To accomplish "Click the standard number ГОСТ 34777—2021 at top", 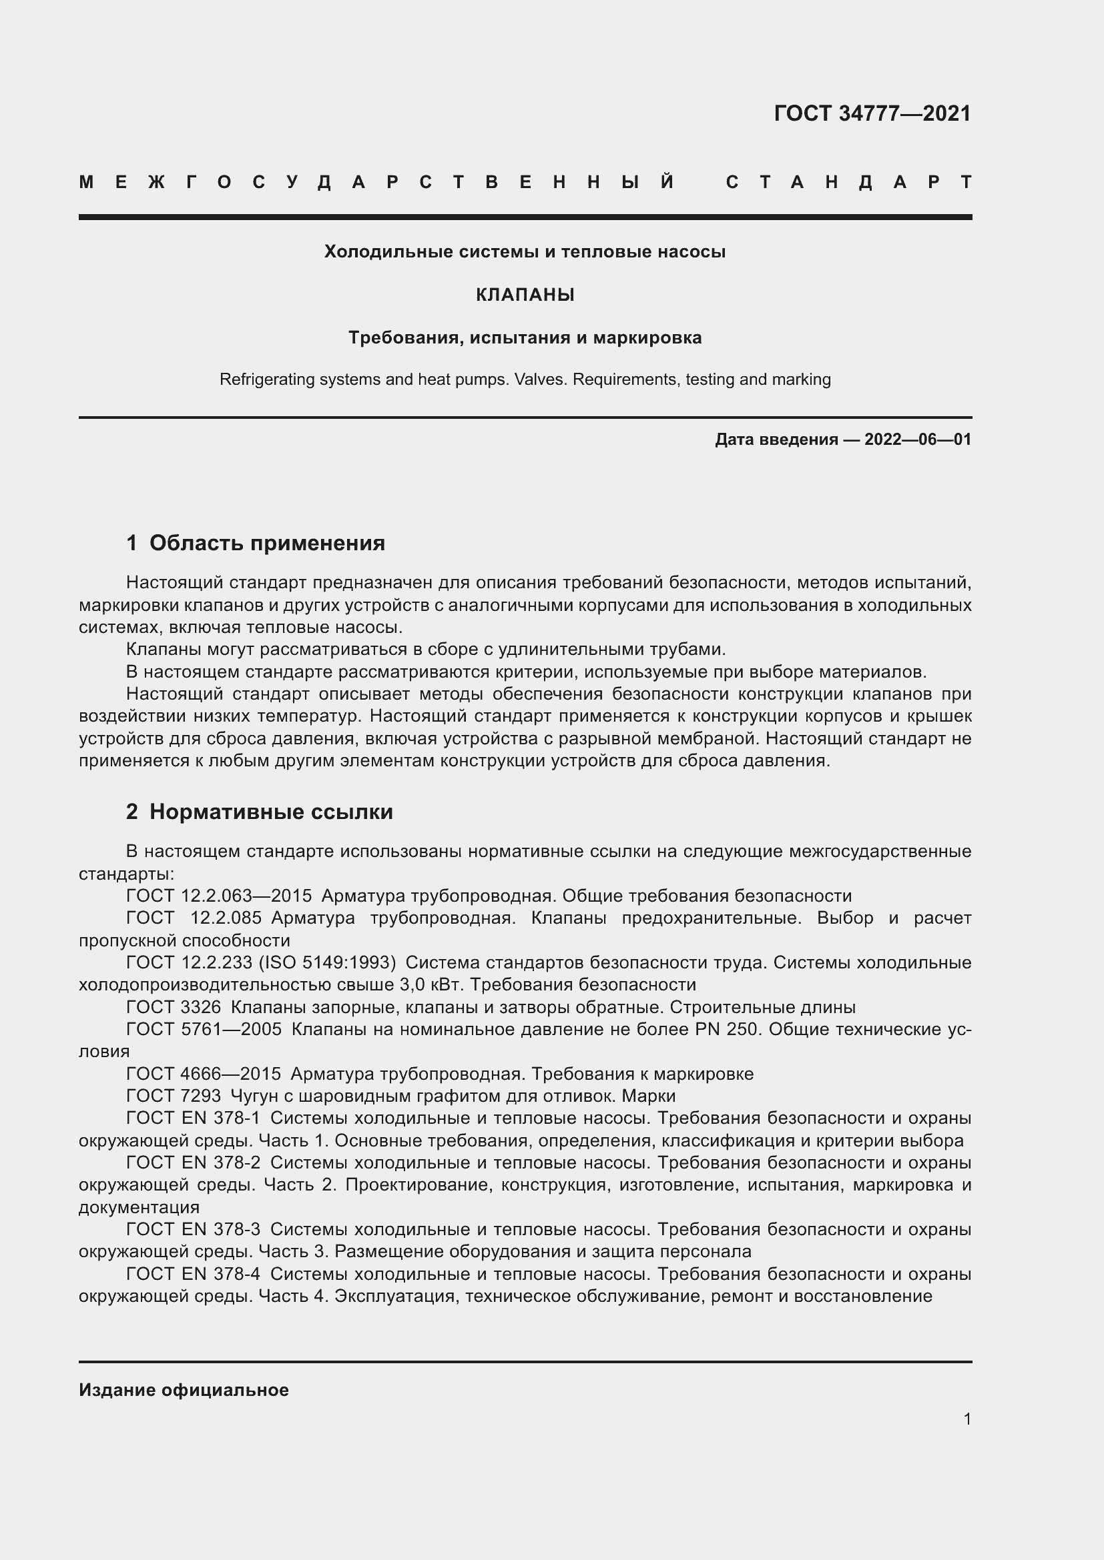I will tap(872, 113).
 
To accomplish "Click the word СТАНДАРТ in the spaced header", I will tap(848, 182).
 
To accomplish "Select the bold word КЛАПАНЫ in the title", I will tap(525, 295).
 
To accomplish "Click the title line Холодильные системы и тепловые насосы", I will tap(525, 252).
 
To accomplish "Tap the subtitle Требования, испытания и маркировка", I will tap(525, 337).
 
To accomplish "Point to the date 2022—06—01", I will tap(918, 440).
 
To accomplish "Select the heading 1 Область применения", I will tap(256, 543).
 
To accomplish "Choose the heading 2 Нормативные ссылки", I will tap(259, 812).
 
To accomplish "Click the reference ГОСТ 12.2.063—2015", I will tap(219, 896).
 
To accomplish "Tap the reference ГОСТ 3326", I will tap(174, 1008).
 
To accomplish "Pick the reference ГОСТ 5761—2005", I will tap(204, 1029).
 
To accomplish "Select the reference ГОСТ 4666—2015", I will tap(204, 1074).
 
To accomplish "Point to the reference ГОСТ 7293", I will tap(174, 1096).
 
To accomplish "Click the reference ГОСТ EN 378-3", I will tap(193, 1230).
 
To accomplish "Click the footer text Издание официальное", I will tap(184, 1390).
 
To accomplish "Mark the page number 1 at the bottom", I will tap(967, 1419).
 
